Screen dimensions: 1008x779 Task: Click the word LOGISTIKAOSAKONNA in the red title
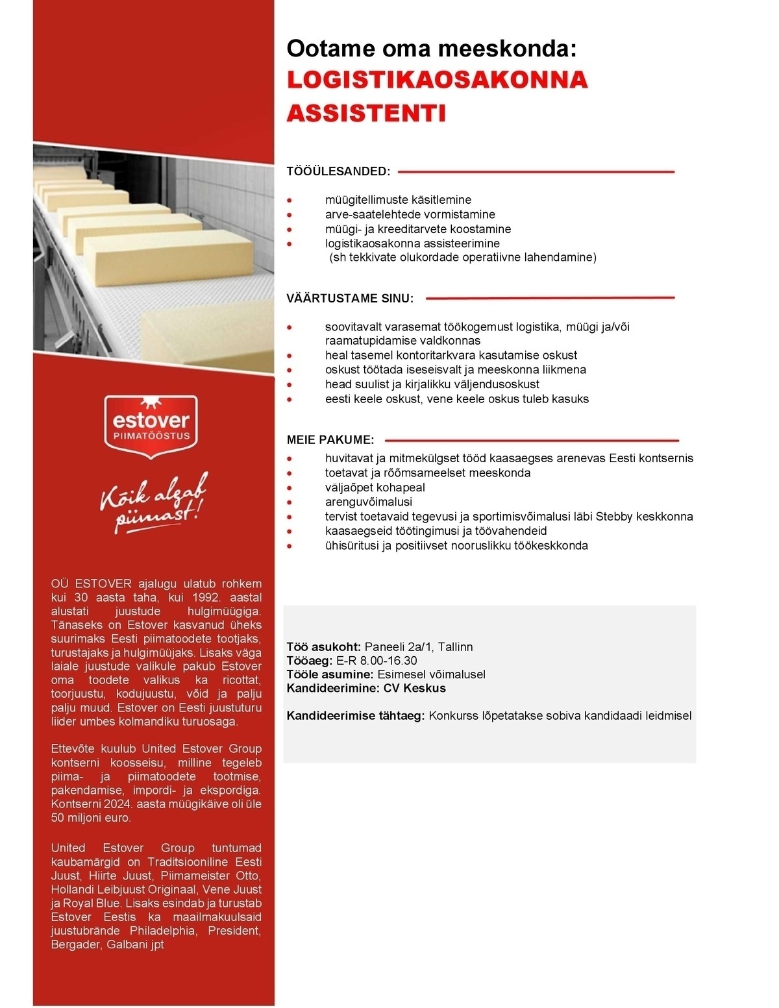coord(438,80)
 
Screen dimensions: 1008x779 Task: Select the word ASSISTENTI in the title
coord(367,113)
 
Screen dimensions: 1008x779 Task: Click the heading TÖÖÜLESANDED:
coord(339,172)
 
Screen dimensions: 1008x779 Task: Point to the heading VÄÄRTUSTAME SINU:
coord(350,299)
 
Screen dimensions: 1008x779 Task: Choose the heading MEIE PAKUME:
coord(330,440)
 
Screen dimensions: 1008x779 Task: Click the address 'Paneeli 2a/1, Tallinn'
coord(418,647)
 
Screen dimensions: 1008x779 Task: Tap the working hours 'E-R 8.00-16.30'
coord(377,661)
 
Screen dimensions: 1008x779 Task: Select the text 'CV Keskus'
coord(414,688)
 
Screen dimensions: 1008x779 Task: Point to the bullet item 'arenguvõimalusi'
coord(369,502)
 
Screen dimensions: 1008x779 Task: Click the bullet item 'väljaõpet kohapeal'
coord(375,487)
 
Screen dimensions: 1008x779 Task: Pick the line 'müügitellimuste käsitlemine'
coord(398,200)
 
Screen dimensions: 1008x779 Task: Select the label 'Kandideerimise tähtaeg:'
coord(356,716)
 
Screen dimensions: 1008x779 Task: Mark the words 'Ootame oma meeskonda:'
coord(432,48)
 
